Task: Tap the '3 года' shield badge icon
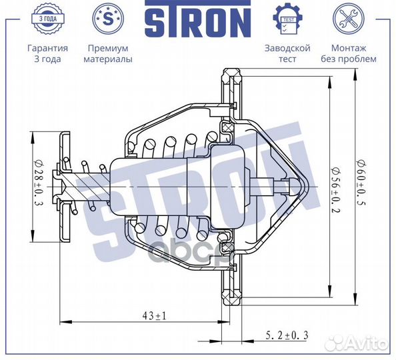[x=47, y=18]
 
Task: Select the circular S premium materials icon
[x=107, y=18]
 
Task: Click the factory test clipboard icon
[x=287, y=18]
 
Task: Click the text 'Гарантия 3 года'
[x=47, y=53]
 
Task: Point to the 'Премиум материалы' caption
[x=107, y=53]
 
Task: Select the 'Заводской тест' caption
[x=287, y=53]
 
